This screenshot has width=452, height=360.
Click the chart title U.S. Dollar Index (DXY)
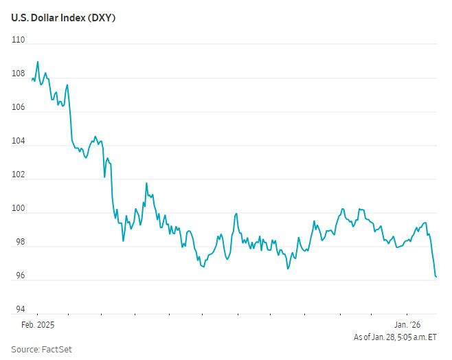(63, 18)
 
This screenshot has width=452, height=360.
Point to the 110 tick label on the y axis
(18, 40)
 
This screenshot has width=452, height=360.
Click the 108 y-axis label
(18, 74)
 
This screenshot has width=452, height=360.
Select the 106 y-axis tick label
(18, 107)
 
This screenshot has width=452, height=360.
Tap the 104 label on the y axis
(18, 141)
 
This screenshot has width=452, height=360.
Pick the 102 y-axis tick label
(18, 175)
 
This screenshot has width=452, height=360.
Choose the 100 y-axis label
(18, 208)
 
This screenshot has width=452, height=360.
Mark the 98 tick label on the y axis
(19, 242)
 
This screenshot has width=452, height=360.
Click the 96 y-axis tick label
(19, 275)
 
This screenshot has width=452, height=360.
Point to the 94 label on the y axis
(19, 309)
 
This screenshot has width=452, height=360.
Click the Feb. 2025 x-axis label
(38, 324)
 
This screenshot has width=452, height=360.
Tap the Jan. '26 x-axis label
(407, 324)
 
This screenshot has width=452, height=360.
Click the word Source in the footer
(25, 349)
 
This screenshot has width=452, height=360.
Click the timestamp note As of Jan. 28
(395, 337)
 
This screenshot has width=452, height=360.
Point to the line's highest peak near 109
(37, 62)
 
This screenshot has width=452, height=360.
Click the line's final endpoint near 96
(436, 276)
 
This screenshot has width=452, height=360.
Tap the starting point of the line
(32, 79)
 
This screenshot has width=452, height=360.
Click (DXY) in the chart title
(100, 18)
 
